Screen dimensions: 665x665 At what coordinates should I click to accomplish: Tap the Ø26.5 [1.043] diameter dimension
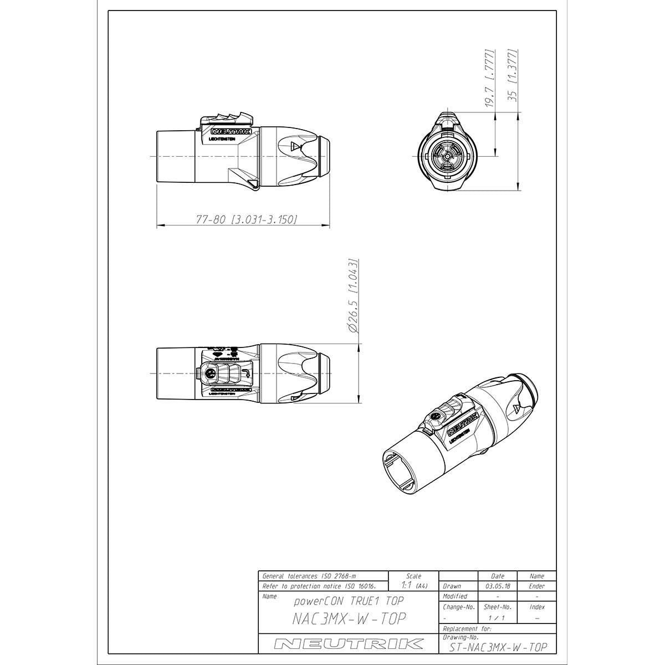[x=353, y=295]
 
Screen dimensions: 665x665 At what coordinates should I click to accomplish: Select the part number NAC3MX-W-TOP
[x=349, y=618]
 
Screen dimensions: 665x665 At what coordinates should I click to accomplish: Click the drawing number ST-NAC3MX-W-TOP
[x=495, y=647]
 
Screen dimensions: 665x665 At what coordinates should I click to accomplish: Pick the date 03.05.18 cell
[x=497, y=586]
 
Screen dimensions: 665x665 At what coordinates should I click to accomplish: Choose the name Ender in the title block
[x=536, y=586]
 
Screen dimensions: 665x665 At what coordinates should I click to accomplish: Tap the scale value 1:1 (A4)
[x=413, y=585]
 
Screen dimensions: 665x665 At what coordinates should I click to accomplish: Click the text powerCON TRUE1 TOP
[x=349, y=601]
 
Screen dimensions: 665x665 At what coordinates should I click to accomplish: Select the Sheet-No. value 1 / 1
[x=497, y=617]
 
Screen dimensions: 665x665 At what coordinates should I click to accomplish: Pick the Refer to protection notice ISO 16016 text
[x=319, y=586]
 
